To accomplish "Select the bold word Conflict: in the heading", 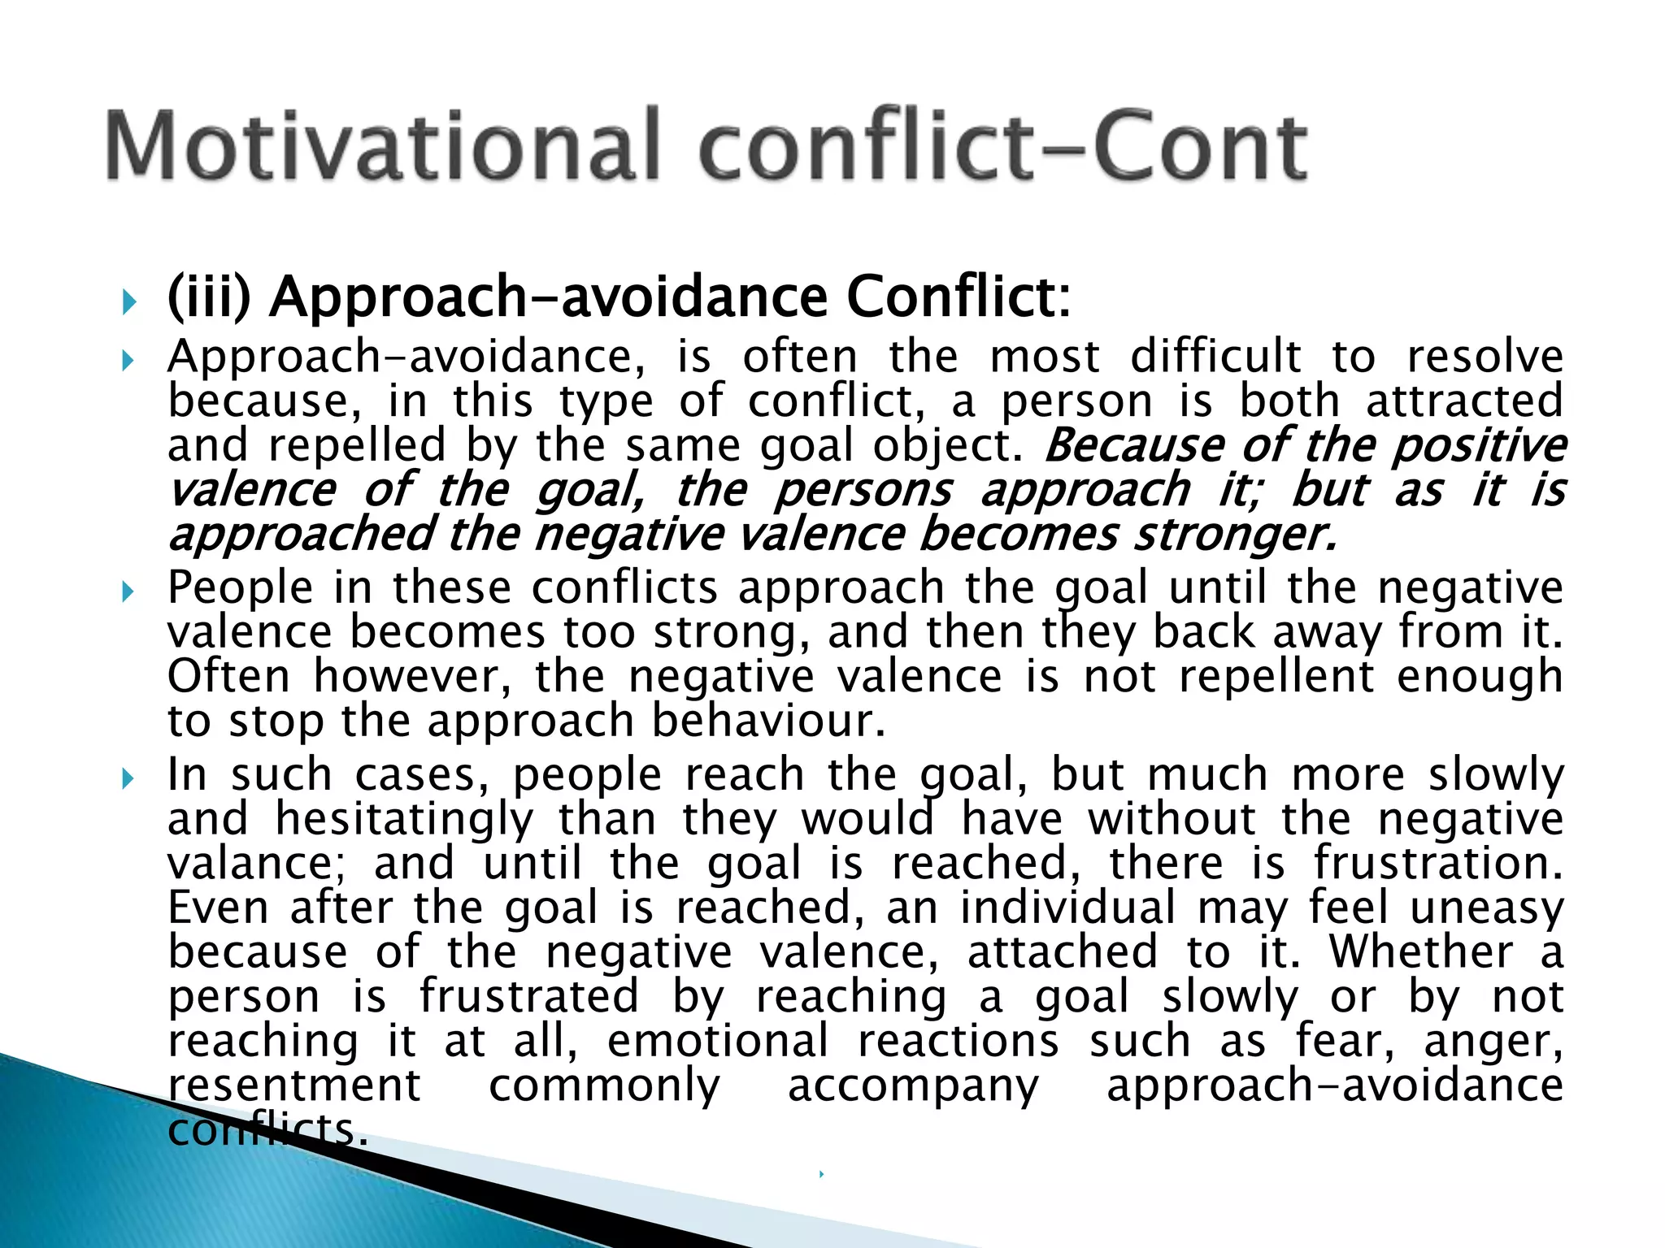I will pos(959,297).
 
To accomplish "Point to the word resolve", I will pos(1485,357).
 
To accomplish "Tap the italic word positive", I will pos(1479,446).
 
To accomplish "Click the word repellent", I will pos(1277,676).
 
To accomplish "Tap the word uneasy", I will pos(1487,908).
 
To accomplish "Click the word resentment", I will pos(294,1085).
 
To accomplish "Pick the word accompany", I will pos(913,1085).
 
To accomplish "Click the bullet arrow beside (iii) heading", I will pos(128,303).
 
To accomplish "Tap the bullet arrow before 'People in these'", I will pos(128,591).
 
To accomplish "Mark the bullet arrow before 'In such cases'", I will pos(128,779).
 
